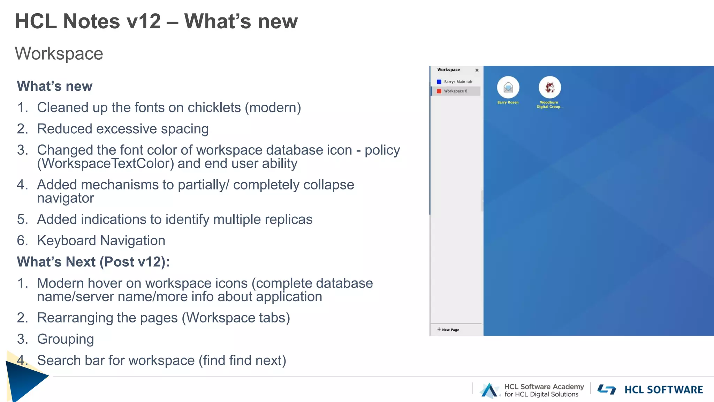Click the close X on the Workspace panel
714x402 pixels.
click(477, 70)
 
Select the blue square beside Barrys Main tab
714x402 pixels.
click(439, 82)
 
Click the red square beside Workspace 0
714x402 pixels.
click(439, 91)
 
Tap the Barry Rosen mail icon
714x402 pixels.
click(508, 87)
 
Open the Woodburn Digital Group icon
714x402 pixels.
click(549, 87)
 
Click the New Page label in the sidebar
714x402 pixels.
click(450, 330)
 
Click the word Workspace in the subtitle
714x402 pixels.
click(59, 54)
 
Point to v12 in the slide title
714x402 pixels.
click(144, 21)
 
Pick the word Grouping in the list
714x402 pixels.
click(66, 339)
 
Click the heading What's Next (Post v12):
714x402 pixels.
click(93, 262)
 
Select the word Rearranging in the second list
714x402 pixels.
click(75, 318)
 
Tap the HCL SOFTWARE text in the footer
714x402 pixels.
click(663, 390)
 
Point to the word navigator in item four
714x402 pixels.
click(66, 198)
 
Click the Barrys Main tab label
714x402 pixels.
click(458, 82)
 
